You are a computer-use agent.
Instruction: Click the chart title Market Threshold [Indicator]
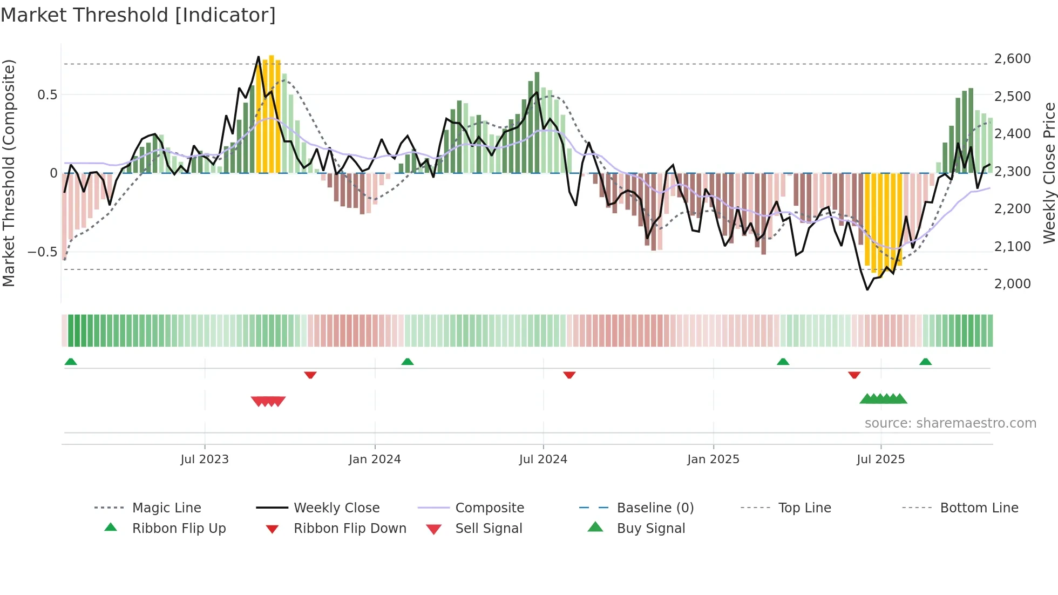pos(138,15)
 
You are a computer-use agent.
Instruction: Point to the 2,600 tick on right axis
pos(1012,58)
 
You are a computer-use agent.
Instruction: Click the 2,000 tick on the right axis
pos(1012,283)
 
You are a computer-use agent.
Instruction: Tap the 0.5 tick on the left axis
pos(47,95)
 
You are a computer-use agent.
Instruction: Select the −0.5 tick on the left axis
pos(42,252)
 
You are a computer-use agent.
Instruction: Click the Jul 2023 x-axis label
pos(205,459)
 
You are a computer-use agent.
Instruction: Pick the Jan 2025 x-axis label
pos(713,459)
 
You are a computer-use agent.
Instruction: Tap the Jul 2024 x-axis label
pos(543,459)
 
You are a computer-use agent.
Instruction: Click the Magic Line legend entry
pos(166,508)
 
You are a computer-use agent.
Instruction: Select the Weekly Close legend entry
pos(336,508)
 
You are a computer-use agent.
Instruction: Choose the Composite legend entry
pos(490,508)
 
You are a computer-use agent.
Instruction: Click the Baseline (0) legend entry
pos(655,508)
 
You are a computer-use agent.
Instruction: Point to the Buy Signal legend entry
pos(650,529)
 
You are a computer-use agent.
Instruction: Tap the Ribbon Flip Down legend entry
pos(350,529)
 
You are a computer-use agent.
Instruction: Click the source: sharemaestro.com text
pos(950,423)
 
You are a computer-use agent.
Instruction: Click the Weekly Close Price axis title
pos(1049,173)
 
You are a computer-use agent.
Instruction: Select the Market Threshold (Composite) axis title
pos(9,173)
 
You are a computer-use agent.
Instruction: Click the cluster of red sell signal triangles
pos(268,401)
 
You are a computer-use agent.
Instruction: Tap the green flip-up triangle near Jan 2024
pos(408,362)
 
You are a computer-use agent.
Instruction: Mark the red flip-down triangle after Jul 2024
pos(569,375)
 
